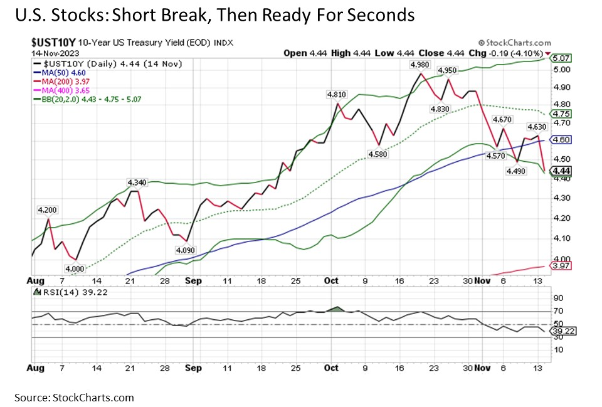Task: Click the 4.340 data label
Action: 136,182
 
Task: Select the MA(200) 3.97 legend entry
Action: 63,83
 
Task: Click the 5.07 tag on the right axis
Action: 559,58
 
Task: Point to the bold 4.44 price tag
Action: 559,171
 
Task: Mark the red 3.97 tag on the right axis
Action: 559,267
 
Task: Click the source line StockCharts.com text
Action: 71,397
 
